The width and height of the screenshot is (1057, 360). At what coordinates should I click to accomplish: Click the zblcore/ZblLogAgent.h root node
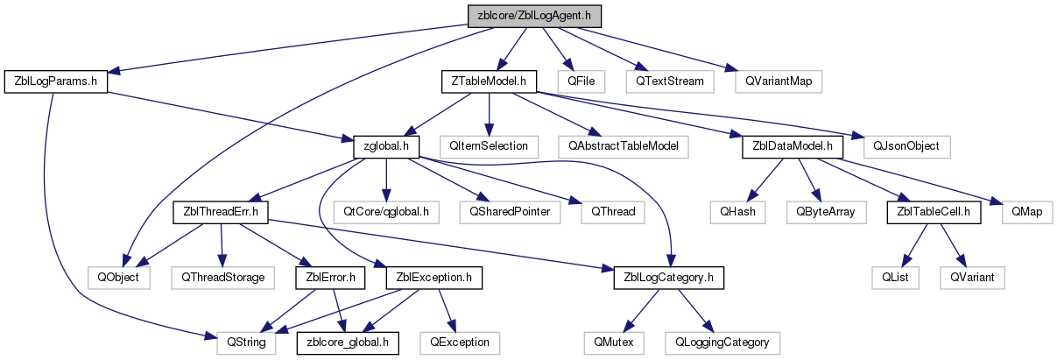(534, 16)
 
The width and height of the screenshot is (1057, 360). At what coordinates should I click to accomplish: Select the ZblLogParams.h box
(56, 81)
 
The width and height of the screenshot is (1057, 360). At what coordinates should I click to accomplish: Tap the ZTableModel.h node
(489, 81)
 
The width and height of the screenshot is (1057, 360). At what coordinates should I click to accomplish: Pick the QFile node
(581, 81)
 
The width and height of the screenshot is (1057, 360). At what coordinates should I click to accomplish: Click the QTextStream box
(670, 81)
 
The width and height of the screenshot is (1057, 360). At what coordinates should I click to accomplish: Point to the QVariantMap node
(779, 81)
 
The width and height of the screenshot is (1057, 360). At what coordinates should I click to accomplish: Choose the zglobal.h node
(386, 147)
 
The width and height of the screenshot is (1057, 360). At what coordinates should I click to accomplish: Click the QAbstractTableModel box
(623, 147)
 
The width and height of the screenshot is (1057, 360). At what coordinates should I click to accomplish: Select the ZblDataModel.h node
(793, 147)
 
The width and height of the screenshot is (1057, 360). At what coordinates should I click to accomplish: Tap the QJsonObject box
(906, 147)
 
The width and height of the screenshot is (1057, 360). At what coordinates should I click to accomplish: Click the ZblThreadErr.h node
(221, 212)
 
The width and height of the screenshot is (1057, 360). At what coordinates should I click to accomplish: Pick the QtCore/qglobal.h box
(386, 212)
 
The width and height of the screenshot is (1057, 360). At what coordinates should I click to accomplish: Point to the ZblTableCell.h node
(934, 212)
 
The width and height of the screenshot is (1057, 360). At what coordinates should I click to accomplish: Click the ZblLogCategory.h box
(669, 278)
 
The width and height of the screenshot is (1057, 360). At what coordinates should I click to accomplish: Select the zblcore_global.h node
(348, 343)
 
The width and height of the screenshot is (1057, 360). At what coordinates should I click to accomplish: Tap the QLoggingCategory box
(722, 343)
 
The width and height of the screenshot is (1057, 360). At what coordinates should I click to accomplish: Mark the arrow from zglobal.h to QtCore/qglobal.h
(386, 180)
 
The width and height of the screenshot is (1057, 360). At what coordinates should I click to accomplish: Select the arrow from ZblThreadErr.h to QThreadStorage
(222, 245)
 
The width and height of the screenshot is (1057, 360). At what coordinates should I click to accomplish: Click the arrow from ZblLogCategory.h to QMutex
(641, 310)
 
